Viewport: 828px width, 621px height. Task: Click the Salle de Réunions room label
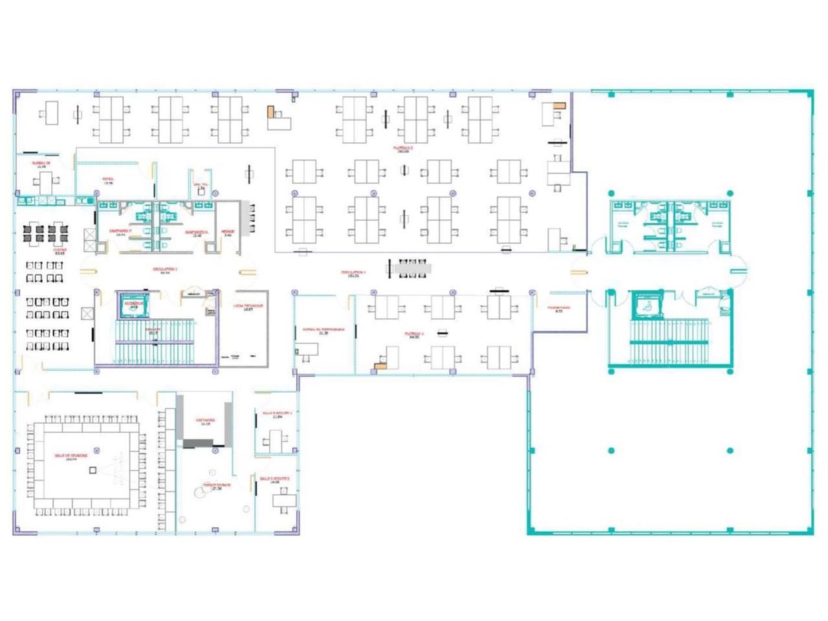pos(71,456)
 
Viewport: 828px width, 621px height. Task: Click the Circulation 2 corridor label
pos(165,270)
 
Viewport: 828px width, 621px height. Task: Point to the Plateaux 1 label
pos(412,335)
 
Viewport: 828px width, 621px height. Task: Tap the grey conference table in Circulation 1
pos(409,267)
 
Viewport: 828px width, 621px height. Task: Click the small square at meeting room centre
pos(93,470)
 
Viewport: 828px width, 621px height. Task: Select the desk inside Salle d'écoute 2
pos(283,499)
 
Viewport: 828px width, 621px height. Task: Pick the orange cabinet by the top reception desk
pos(271,111)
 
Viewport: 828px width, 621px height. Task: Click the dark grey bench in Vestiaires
pos(198,443)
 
